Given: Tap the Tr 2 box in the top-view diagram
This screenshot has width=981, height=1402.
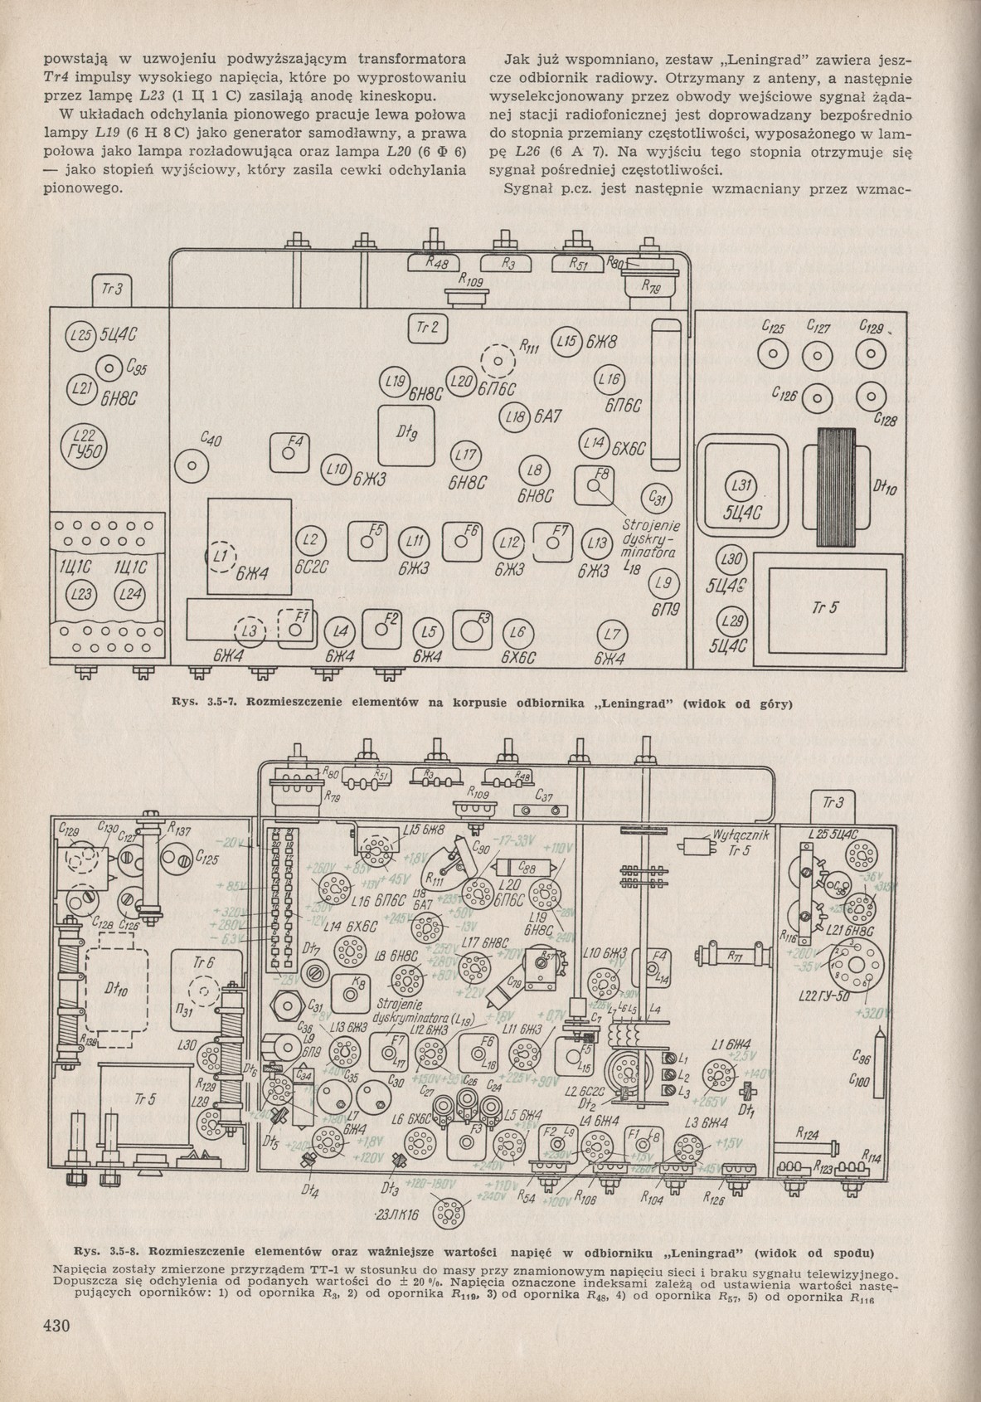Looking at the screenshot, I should pyautogui.click(x=427, y=327).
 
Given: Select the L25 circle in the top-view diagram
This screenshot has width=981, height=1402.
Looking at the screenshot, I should pyautogui.click(x=80, y=338).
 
